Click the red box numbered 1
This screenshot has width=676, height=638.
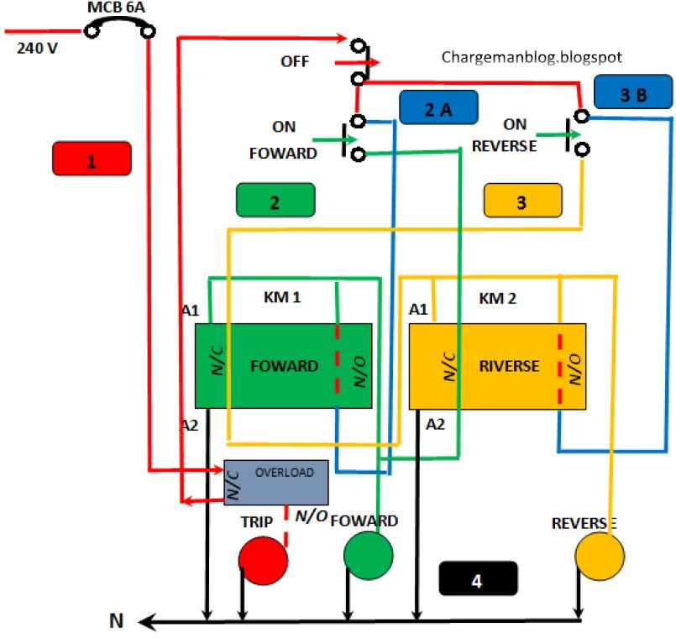point(92,159)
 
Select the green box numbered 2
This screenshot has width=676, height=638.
point(275,201)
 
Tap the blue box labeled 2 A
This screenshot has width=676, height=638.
point(438,107)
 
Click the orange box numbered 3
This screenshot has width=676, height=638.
point(522,202)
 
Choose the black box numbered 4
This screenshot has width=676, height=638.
point(478,578)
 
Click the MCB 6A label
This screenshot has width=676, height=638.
point(117,9)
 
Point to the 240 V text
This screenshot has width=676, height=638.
point(38,48)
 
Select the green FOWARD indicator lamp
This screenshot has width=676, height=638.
point(369,555)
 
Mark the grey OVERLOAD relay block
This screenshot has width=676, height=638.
point(275,483)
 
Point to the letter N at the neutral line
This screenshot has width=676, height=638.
point(117,621)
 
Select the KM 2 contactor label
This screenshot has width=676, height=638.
point(499,298)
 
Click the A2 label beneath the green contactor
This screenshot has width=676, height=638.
point(190,425)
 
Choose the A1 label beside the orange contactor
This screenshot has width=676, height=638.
point(417,310)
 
